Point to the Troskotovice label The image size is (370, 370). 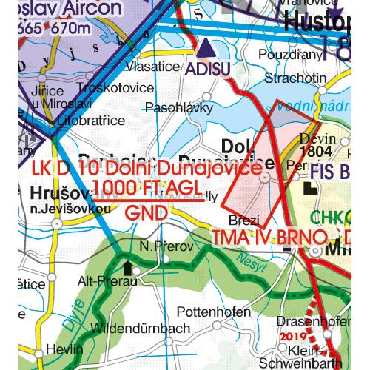(114, 87)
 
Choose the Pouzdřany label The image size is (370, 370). (290, 55)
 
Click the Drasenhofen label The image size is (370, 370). (312, 321)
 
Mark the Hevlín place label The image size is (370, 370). (58, 349)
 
